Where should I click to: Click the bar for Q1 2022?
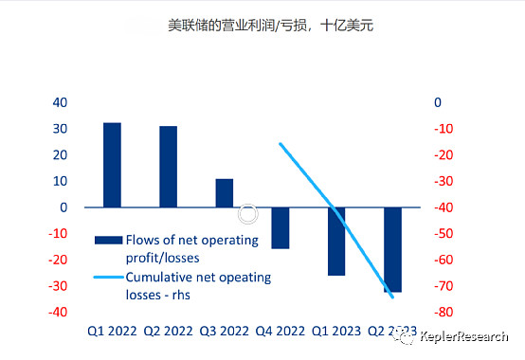(112, 165)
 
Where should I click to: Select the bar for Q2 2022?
(168, 167)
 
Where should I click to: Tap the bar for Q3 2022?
(224, 192)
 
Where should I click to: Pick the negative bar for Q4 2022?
(281, 227)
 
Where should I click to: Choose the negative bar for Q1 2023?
(336, 241)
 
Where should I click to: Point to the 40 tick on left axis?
(60, 102)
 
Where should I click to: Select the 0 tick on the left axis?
(63, 207)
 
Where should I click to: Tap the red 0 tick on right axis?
(438, 102)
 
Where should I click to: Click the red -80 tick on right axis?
(444, 312)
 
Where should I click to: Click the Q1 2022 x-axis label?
(112, 332)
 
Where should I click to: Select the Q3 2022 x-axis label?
(224, 332)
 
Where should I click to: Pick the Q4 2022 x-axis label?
(281, 332)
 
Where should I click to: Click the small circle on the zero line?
(249, 214)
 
